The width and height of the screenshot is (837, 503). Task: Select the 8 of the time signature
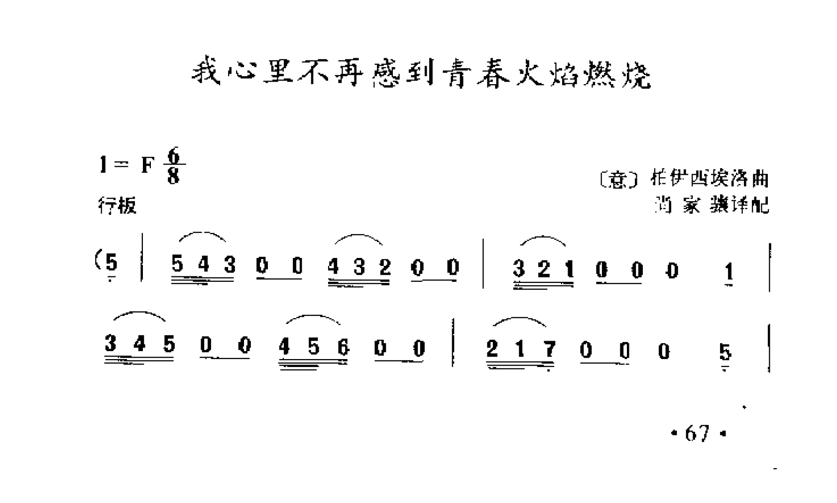(x=173, y=176)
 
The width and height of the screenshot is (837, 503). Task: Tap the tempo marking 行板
(x=117, y=205)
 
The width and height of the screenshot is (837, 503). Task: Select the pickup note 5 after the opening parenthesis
(x=112, y=262)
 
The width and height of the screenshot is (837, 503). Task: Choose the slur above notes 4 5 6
(x=313, y=318)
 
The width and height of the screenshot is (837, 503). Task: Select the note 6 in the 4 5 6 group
(x=343, y=346)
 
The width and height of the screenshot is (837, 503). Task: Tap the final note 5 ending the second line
(x=725, y=353)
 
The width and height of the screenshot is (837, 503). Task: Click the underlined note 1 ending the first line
(x=729, y=272)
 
